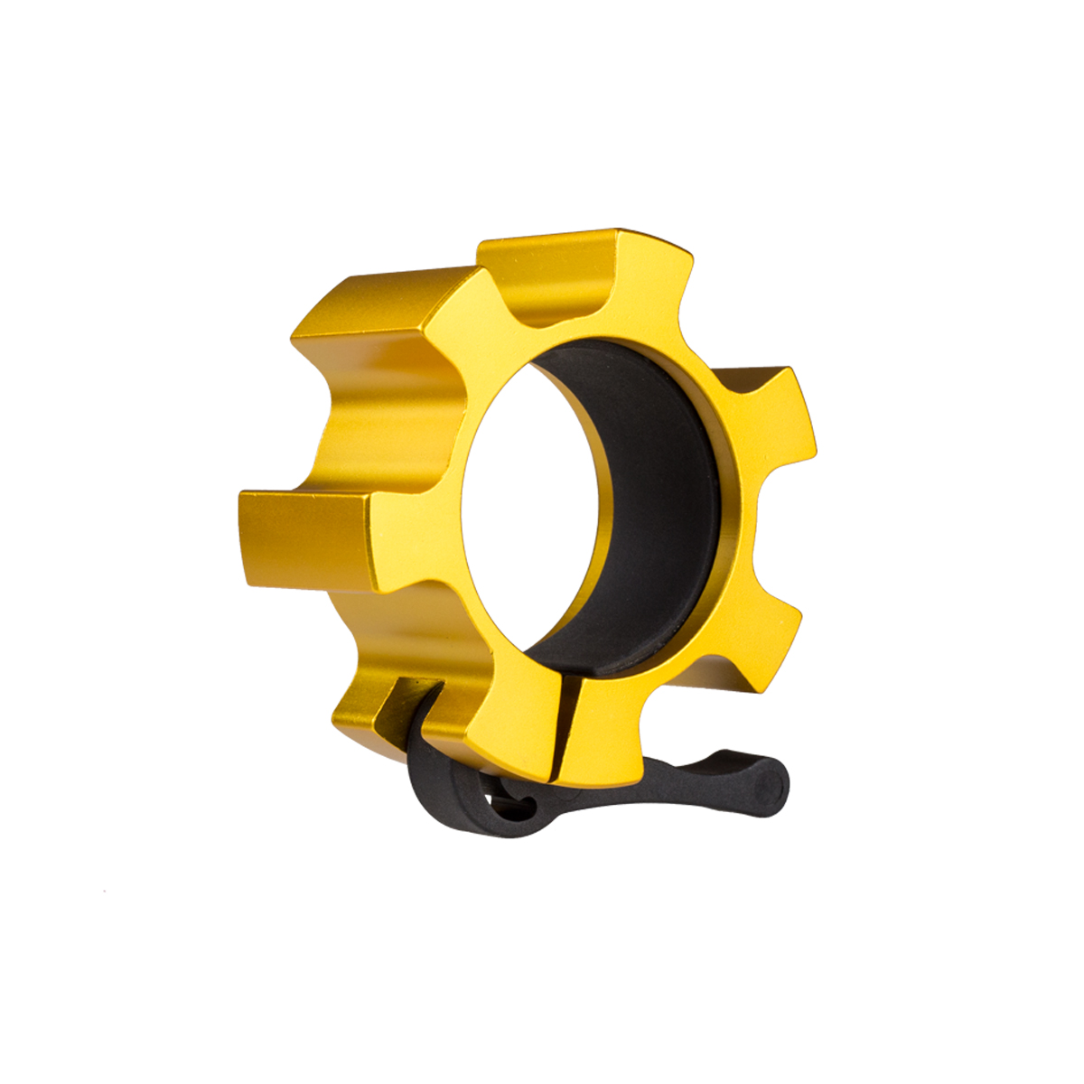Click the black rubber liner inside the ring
[x=650, y=506]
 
